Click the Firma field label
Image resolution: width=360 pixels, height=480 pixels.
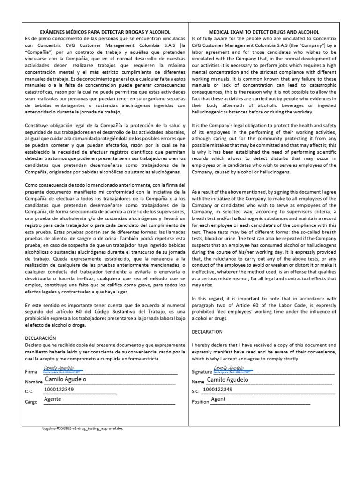point(30,371)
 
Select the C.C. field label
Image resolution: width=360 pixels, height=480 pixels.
point(29,391)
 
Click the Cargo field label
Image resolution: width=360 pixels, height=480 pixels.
point(31,402)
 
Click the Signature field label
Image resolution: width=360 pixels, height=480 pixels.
point(202,371)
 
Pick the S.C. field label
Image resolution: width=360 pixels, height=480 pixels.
point(196,391)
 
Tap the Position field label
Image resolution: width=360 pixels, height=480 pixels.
point(201,402)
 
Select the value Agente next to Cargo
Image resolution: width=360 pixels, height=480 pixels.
point(52,399)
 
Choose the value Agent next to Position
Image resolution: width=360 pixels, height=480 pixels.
point(218,399)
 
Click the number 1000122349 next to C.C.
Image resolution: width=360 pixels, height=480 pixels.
point(59,390)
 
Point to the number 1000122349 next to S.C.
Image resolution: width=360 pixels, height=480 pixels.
point(218,390)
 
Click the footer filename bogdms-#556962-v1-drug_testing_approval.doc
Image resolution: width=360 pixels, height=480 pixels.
point(82,428)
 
